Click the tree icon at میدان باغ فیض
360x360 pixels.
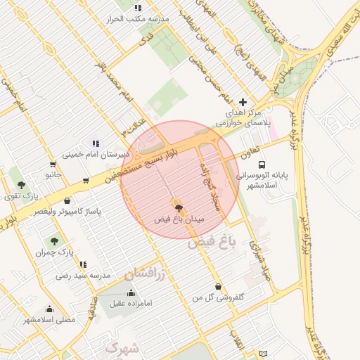click(x=179, y=207)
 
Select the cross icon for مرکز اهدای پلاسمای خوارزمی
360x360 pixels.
click(x=243, y=102)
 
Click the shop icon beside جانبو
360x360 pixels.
click(x=86, y=181)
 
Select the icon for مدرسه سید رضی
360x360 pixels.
click(x=83, y=265)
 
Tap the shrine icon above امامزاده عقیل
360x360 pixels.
click(x=131, y=292)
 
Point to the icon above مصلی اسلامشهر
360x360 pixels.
click(x=49, y=309)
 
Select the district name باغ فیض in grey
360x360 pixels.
click(x=210, y=245)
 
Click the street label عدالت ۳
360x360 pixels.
click(x=134, y=127)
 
